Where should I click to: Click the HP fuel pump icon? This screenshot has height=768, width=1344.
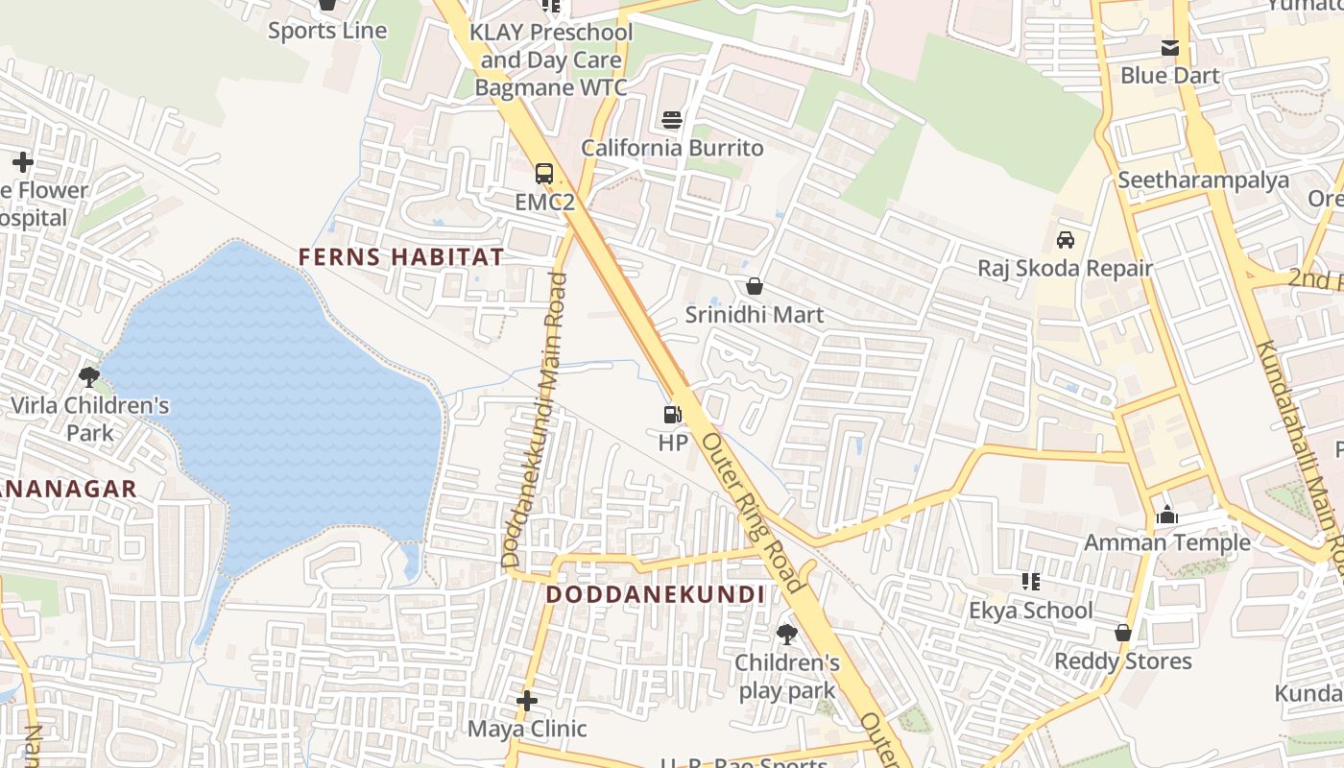pyautogui.click(x=672, y=415)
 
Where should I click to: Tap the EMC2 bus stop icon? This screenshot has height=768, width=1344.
pyautogui.click(x=544, y=174)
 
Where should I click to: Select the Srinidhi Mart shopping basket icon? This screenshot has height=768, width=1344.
pyautogui.click(x=755, y=286)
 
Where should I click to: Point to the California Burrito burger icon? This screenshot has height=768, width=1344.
pyautogui.click(x=672, y=120)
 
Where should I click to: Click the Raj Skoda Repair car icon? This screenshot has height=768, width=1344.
pyautogui.click(x=1065, y=239)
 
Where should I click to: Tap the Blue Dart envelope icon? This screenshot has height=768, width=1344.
pyautogui.click(x=1170, y=48)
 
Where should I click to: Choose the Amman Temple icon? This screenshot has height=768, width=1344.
pyautogui.click(x=1167, y=516)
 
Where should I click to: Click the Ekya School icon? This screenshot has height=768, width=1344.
pyautogui.click(x=1031, y=581)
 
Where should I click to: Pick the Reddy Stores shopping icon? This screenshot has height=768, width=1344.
pyautogui.click(x=1122, y=633)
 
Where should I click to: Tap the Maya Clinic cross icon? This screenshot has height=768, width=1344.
pyautogui.click(x=526, y=701)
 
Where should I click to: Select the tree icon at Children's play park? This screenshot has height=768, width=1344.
pyautogui.click(x=787, y=634)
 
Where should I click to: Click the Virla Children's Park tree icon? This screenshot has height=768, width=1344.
pyautogui.click(x=89, y=376)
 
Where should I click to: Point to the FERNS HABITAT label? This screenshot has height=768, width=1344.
pyautogui.click(x=400, y=257)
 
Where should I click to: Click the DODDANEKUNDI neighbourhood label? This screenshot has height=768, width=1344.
pyautogui.click(x=655, y=594)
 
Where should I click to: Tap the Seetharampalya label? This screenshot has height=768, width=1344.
pyautogui.click(x=1203, y=180)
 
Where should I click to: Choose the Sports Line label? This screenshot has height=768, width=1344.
pyautogui.click(x=327, y=31)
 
